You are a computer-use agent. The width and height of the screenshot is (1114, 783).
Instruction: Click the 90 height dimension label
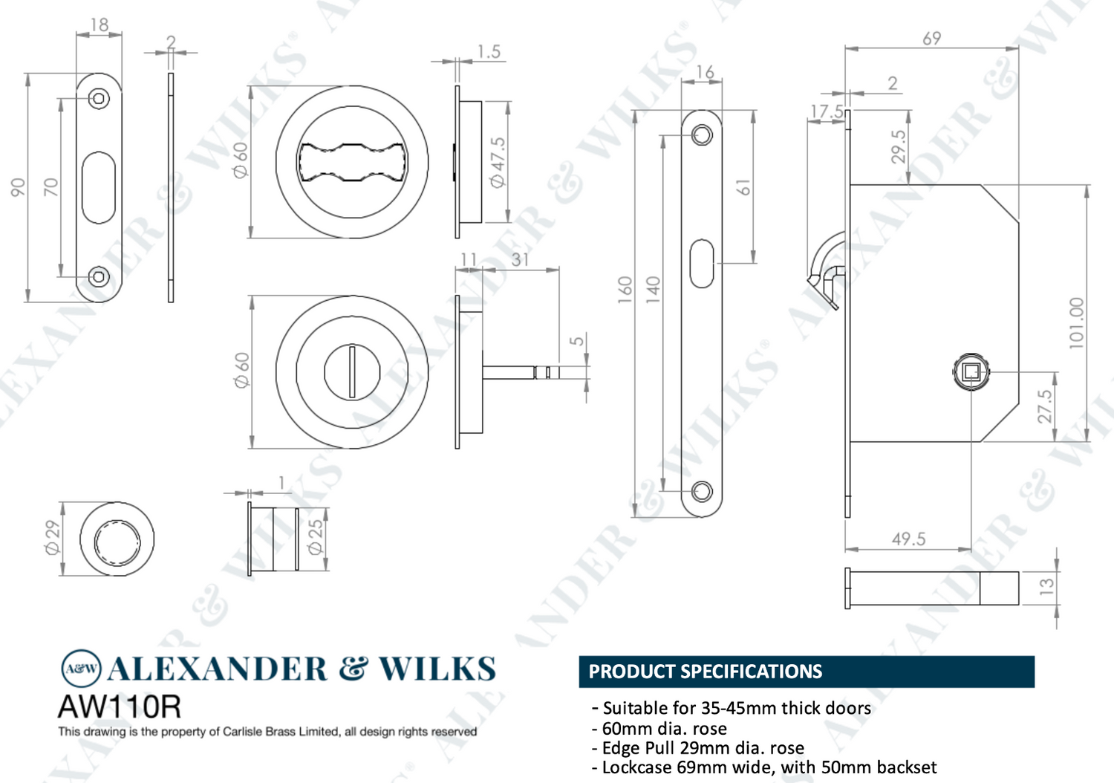[x=18, y=187]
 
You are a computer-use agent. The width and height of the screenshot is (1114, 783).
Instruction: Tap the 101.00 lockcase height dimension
[x=1076, y=323]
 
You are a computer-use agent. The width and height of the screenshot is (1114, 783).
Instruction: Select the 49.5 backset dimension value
[x=908, y=539]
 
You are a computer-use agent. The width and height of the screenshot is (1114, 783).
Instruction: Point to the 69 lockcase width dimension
[x=931, y=39]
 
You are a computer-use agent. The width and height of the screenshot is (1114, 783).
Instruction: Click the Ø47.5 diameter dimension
[x=498, y=162]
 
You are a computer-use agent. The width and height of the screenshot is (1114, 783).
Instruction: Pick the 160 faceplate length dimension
[x=625, y=290]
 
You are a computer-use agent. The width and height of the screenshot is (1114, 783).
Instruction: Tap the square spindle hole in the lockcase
[x=971, y=371]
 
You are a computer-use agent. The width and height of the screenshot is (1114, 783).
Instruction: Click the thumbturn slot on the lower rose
[x=352, y=371]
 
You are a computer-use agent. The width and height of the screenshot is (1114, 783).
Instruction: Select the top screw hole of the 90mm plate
[x=99, y=99]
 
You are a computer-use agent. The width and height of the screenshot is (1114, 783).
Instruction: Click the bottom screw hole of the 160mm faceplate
[x=702, y=491]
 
